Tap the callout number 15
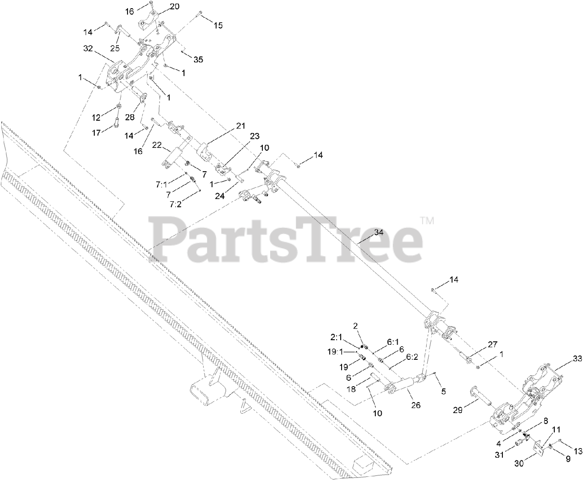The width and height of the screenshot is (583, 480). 218,26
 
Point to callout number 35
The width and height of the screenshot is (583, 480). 198,59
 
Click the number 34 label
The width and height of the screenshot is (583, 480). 379,232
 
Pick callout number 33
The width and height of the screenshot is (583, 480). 577,359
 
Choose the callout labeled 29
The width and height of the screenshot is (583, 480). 458,410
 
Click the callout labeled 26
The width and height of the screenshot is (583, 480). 415,405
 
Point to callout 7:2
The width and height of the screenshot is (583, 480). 175,204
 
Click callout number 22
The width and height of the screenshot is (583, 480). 157,144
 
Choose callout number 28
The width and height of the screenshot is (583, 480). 129,117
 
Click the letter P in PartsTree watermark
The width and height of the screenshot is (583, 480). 168,237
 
